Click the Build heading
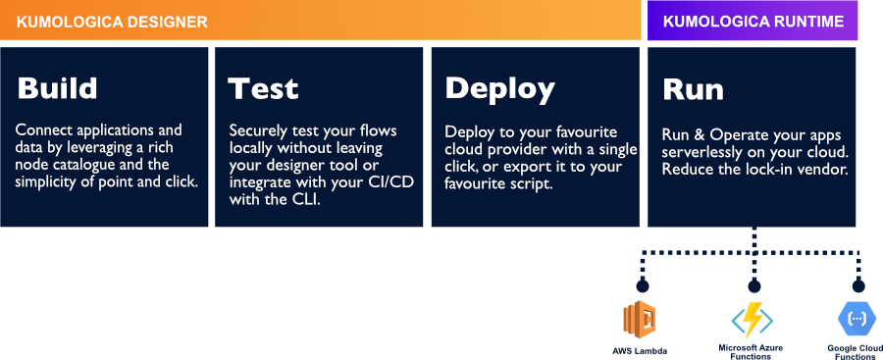click(58, 89)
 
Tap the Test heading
click(263, 89)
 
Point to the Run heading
click(694, 89)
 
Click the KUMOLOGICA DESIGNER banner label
click(112, 23)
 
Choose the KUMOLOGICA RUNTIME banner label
click(753, 22)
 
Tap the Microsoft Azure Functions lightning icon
click(752, 320)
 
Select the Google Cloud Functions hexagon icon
click(856, 319)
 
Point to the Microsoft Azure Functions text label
click(752, 351)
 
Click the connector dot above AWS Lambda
click(642, 286)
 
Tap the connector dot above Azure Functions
click(754, 286)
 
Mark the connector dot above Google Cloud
click(858, 286)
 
